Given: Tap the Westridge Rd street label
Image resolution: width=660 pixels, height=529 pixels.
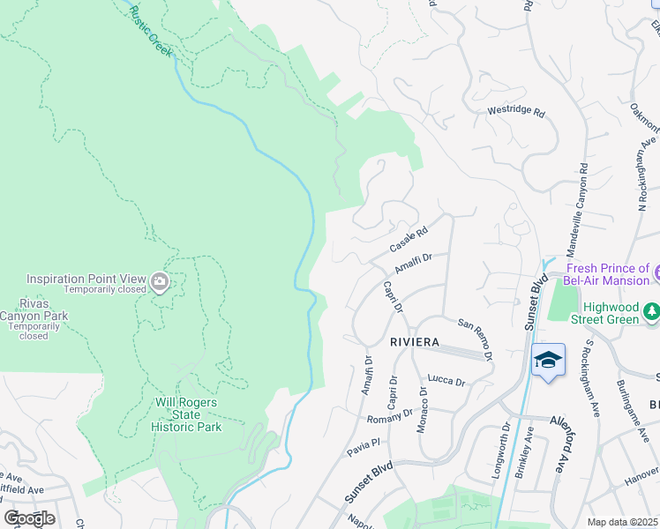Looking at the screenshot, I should pos(517,113).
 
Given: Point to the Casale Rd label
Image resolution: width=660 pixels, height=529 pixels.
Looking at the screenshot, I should pos(409,237).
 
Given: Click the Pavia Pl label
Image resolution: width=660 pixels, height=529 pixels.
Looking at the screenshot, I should pos(362,446).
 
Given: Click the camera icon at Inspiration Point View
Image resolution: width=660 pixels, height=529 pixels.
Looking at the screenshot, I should pos(160,282).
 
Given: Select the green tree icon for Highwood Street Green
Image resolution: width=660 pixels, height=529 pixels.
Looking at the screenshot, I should pos(652,310).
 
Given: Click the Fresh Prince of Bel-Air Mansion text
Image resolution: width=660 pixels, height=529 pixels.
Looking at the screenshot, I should pos(607,274).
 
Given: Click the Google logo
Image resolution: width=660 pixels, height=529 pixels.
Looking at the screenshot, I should pos(29,518).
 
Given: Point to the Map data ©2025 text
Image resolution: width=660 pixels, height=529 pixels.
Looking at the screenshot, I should pos(622,522).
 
